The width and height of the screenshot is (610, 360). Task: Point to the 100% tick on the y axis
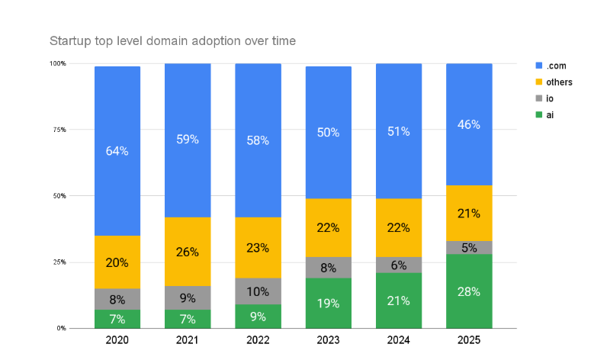point(58,63)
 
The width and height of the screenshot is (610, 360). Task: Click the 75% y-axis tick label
point(59,130)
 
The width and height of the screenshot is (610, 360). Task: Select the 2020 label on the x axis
point(117,340)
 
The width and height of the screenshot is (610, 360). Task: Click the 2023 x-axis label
point(328,340)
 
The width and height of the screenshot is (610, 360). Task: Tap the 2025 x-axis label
point(469,340)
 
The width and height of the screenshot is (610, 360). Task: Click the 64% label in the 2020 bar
point(117,151)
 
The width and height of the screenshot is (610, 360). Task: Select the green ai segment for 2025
point(469,291)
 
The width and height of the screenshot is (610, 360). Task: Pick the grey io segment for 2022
point(258,291)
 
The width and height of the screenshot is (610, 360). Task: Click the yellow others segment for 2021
point(188,252)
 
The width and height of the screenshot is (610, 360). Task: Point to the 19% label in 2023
point(328,303)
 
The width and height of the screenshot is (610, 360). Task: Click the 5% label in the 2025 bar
point(469,247)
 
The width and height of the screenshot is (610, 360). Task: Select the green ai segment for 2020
point(117,319)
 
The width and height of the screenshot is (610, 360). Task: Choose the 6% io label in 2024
point(399,265)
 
